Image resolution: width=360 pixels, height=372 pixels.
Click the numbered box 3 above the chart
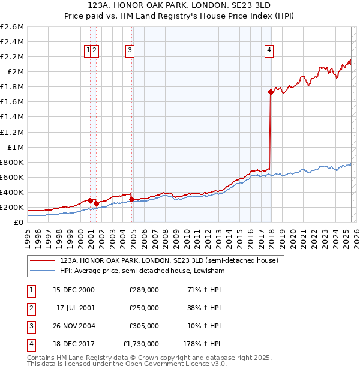130,51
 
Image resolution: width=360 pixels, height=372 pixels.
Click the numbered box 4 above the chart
269,51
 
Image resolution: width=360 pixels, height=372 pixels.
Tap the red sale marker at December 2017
271,92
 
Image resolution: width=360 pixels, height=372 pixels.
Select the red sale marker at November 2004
131,199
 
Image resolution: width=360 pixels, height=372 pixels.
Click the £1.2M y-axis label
13,132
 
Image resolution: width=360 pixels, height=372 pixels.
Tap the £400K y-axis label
13,193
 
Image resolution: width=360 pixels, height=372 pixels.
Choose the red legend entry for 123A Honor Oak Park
169,261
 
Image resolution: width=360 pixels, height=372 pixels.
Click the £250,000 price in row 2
144,308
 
